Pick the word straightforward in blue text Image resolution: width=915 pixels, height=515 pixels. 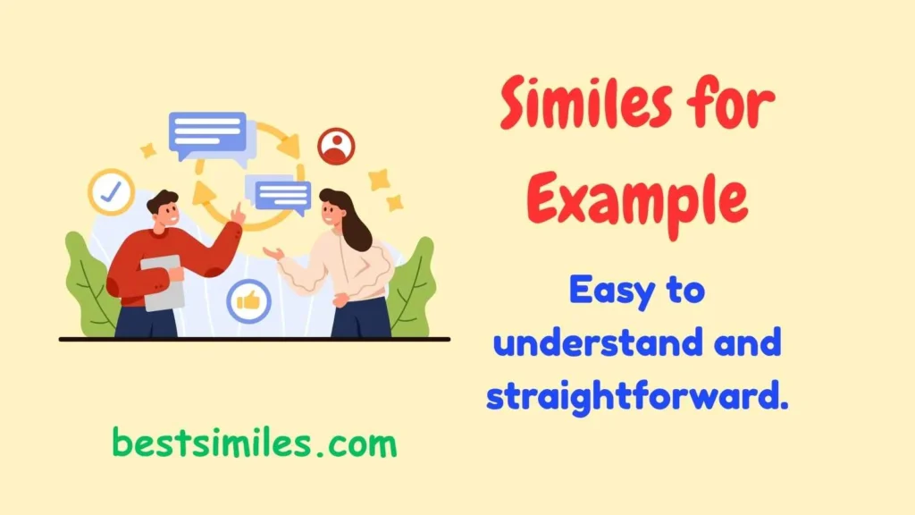tap(637, 396)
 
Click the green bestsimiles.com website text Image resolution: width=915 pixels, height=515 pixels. tap(255, 443)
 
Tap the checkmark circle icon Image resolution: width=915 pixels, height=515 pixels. tap(111, 191)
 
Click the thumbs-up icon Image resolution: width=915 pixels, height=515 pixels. tap(248, 301)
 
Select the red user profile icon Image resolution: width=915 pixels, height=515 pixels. tap(336, 147)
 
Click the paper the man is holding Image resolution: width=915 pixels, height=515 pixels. tap(162, 283)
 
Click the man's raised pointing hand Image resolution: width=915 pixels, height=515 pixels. tap(237, 214)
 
